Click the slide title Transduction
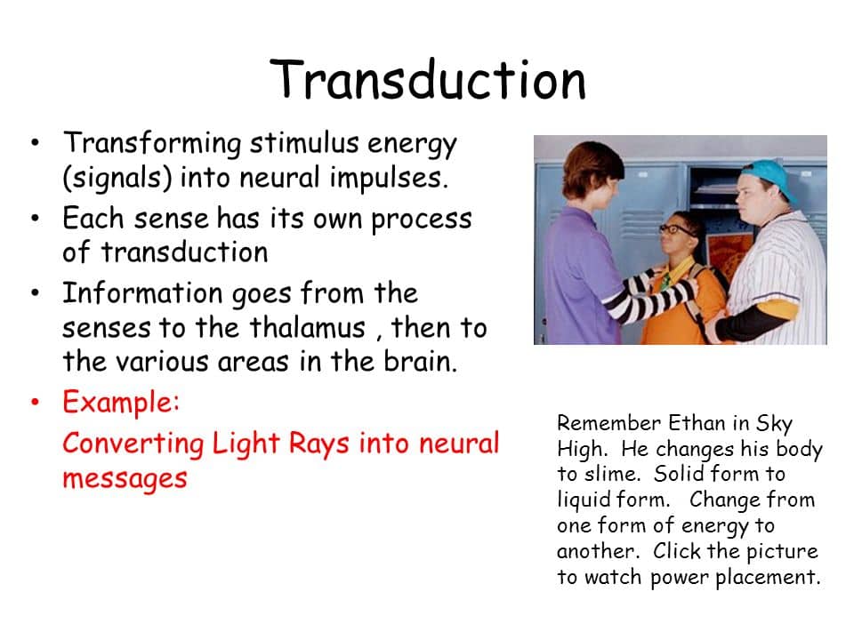coord(428,80)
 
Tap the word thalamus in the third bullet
coord(307,328)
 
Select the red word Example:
coord(121,404)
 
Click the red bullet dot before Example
coord(36,402)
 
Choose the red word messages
coord(125,479)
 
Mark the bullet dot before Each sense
coord(36,219)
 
